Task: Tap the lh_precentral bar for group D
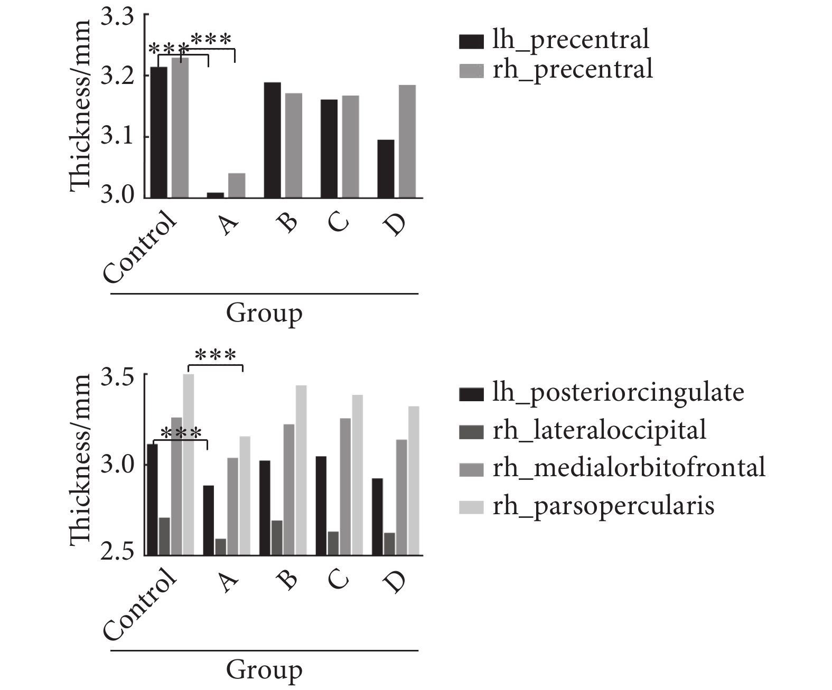[386, 169]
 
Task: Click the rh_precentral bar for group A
[237, 186]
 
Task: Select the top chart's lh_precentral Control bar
[158, 132]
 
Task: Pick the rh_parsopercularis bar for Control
[189, 465]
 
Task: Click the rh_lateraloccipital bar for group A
[220, 547]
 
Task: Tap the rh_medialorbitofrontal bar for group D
[402, 497]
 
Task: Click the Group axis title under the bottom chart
[264, 670]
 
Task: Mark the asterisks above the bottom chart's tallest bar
[215, 355]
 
